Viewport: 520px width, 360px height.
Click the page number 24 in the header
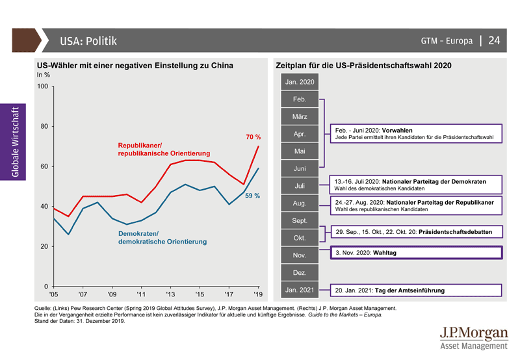(x=494, y=41)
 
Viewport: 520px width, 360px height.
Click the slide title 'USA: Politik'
(x=88, y=41)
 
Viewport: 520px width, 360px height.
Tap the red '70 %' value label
(x=253, y=137)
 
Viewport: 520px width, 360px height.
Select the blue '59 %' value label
(x=253, y=196)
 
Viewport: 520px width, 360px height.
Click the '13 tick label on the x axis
(x=170, y=293)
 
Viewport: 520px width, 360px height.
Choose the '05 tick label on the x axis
(x=53, y=293)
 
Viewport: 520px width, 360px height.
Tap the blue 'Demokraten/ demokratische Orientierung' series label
(x=162, y=237)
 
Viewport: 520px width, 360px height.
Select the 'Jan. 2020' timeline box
(x=300, y=83)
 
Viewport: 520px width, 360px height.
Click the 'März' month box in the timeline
(x=300, y=117)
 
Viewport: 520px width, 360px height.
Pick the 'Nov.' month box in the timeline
(x=300, y=255)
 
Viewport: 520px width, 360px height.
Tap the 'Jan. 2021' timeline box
(x=300, y=290)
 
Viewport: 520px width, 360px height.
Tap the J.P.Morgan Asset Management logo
(x=473, y=339)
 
